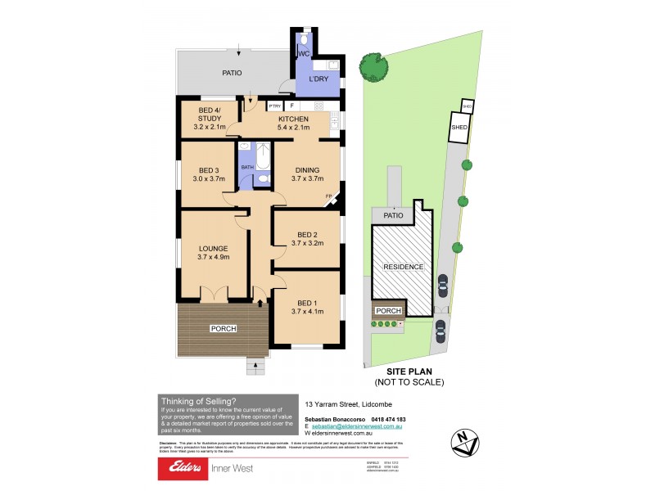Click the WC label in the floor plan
click(302, 54)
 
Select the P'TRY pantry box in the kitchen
click(274, 106)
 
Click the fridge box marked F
click(291, 106)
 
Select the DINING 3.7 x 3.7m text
click(307, 174)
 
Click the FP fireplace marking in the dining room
click(329, 196)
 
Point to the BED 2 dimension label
click(307, 237)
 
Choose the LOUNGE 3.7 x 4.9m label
click(212, 252)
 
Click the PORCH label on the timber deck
click(224, 329)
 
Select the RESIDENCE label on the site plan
click(404, 267)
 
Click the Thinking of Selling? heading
click(199, 400)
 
